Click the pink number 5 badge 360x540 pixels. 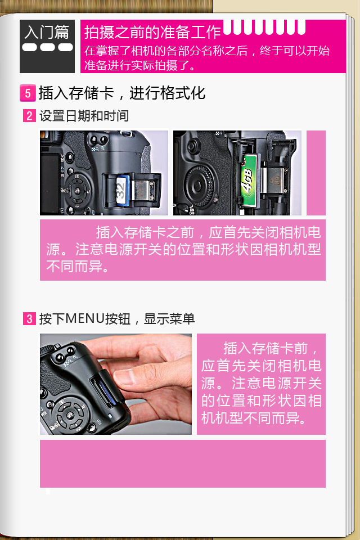click(x=28, y=93)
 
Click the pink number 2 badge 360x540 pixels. click(x=29, y=116)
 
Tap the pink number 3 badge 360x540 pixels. click(x=29, y=318)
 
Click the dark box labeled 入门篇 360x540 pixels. click(x=47, y=46)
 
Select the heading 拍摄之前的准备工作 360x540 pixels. click(x=152, y=32)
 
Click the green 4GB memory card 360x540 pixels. click(x=249, y=180)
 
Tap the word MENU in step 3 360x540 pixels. click(x=85, y=318)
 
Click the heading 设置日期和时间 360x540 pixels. click(x=84, y=116)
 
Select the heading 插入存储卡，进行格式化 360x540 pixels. click(x=122, y=93)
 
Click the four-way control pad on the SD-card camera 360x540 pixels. click(x=77, y=190)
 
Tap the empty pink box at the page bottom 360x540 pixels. click(x=183, y=463)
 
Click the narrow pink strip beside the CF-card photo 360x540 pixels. click(x=316, y=173)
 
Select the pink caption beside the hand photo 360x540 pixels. click(x=261, y=384)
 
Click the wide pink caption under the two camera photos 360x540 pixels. click(x=183, y=250)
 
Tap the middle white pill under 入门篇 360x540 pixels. click(x=47, y=47)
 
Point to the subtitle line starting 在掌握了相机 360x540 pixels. click(x=207, y=51)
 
